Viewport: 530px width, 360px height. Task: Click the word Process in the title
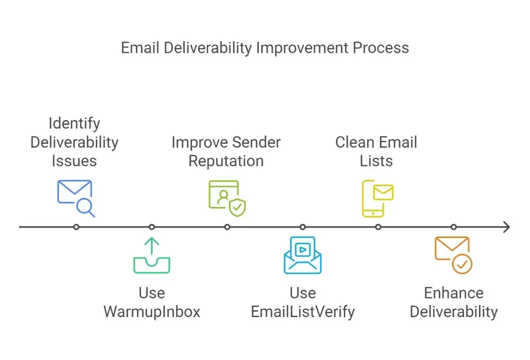pyautogui.click(x=380, y=48)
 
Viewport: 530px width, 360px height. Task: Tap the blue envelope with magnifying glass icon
pyautogui.click(x=76, y=199)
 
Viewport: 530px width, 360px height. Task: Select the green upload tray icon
pyautogui.click(x=152, y=256)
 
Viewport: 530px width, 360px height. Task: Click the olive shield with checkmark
pyautogui.click(x=237, y=207)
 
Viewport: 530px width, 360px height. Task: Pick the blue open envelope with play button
pyautogui.click(x=302, y=255)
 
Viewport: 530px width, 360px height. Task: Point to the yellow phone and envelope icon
pyautogui.click(x=377, y=199)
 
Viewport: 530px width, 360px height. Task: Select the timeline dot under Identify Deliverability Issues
pyautogui.click(x=76, y=227)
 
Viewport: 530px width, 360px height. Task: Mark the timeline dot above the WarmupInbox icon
pyautogui.click(x=152, y=227)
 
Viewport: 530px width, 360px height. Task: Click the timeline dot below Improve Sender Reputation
pyautogui.click(x=227, y=227)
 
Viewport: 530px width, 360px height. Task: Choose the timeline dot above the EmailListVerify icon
pyautogui.click(x=302, y=227)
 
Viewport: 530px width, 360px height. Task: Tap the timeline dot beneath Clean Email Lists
pyautogui.click(x=378, y=227)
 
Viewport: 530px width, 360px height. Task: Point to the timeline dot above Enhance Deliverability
pyautogui.click(x=453, y=227)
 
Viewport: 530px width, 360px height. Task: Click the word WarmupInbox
pyautogui.click(x=152, y=312)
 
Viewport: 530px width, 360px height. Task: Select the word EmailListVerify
pyautogui.click(x=302, y=312)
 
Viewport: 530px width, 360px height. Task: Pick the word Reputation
pyautogui.click(x=226, y=161)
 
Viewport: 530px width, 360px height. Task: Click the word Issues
pyautogui.click(x=75, y=161)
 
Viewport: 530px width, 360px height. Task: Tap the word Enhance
pyautogui.click(x=453, y=293)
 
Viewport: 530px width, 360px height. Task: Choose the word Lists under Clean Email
pyautogui.click(x=376, y=161)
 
